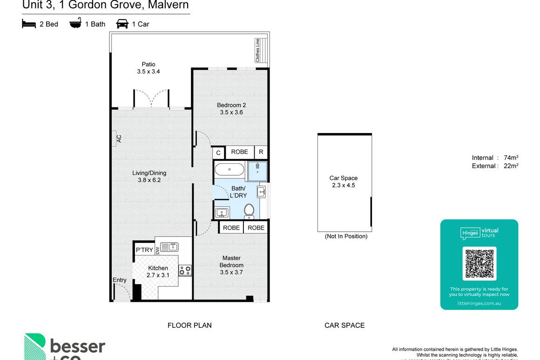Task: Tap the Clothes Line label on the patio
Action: pyautogui.click(x=257, y=50)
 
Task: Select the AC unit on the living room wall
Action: pyautogui.click(x=115, y=139)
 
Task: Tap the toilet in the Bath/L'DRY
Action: pyautogui.click(x=249, y=210)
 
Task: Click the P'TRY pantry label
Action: pyautogui.click(x=144, y=250)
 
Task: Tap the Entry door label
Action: pyautogui.click(x=119, y=280)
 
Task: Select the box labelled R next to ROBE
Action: pyautogui.click(x=261, y=152)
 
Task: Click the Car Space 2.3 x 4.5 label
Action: pyautogui.click(x=344, y=181)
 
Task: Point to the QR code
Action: pyautogui.click(x=479, y=263)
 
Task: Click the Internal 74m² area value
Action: pyautogui.click(x=511, y=158)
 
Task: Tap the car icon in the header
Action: pyautogui.click(x=122, y=24)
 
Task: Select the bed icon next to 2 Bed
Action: pyautogui.click(x=29, y=24)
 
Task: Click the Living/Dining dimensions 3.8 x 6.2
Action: pyautogui.click(x=149, y=180)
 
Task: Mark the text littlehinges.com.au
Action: pyautogui.click(x=479, y=303)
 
